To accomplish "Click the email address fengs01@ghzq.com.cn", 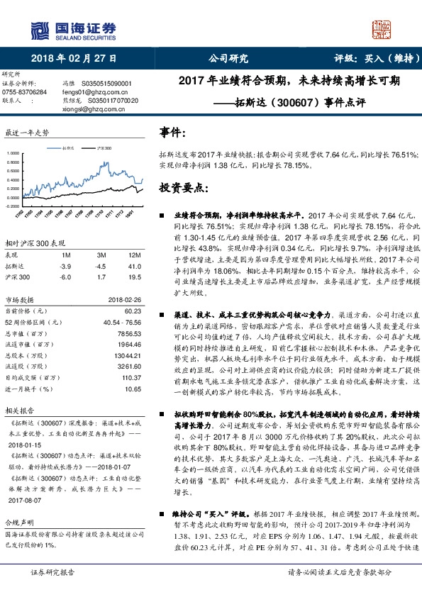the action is [x=92, y=92].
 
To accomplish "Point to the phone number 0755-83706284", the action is [x=25, y=92].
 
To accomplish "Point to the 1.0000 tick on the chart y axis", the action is [x=13, y=153].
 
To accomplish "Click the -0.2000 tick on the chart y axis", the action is [x=12, y=206].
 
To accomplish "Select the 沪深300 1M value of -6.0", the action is [x=65, y=277].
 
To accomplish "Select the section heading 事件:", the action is [x=173, y=133].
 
